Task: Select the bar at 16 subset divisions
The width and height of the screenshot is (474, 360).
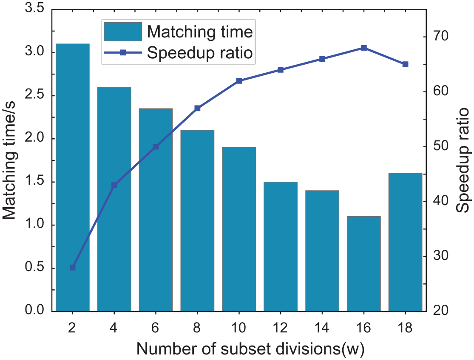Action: pos(364,264)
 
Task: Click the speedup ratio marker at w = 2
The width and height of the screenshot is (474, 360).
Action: pos(72,267)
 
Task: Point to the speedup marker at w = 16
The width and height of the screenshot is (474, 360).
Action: pos(364,48)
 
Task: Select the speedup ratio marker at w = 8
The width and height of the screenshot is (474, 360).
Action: pos(197,108)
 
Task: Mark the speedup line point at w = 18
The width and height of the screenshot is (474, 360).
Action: pos(405,64)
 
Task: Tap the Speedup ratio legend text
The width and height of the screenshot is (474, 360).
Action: pos(200,53)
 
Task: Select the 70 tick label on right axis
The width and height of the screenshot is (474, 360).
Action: pos(443,37)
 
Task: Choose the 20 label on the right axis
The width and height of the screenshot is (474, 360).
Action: pos(443,311)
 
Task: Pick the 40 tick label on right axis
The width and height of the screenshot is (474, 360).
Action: pos(443,201)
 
